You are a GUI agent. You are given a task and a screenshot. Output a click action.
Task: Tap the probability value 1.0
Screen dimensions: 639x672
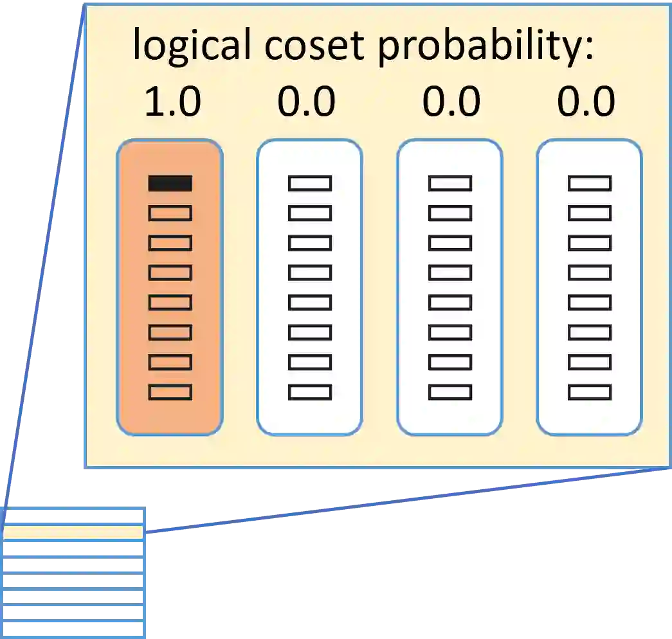click(172, 102)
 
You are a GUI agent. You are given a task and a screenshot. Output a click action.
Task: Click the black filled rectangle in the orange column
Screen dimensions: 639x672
click(170, 183)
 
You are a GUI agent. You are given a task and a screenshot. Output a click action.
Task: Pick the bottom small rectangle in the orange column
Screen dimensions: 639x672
click(170, 392)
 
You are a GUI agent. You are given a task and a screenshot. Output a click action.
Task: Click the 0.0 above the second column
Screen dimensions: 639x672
click(307, 102)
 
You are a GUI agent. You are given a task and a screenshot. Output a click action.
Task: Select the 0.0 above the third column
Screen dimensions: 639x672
click(451, 102)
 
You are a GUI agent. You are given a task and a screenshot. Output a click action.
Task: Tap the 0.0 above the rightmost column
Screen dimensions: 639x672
click(586, 102)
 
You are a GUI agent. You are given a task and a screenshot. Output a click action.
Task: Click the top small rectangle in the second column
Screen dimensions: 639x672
click(309, 183)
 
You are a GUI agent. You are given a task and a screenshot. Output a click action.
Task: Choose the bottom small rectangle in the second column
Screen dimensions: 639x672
click(309, 392)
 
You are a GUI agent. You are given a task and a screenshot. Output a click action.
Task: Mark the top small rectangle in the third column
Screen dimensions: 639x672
click(450, 183)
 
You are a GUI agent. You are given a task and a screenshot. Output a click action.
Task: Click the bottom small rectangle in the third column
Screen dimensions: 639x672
click(450, 392)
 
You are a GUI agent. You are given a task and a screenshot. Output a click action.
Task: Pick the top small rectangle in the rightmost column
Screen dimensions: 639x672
click(589, 183)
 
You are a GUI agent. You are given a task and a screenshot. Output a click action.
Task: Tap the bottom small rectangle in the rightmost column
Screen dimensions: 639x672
click(589, 392)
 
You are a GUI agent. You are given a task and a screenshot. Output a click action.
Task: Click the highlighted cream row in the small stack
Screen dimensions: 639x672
click(72, 532)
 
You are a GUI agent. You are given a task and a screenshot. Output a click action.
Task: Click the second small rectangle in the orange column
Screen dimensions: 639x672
click(170, 213)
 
